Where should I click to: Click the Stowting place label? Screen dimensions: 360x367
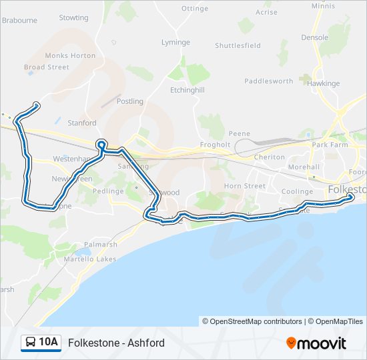point(73,17)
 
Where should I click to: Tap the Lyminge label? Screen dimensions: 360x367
point(175,42)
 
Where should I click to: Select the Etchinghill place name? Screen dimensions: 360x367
point(187,89)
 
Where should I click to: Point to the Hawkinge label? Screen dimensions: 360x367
point(323,83)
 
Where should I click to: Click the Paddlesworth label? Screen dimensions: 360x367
point(268,81)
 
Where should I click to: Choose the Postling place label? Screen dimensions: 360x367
point(130,101)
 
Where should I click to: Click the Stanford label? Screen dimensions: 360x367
point(82,123)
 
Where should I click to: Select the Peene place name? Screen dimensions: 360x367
point(239,133)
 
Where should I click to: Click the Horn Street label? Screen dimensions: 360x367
point(244,186)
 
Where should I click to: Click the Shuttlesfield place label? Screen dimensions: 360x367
point(238,45)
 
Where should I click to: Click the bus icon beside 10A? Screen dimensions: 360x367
point(31,343)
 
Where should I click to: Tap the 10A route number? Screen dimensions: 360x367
point(48,343)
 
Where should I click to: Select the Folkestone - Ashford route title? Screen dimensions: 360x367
point(116,343)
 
